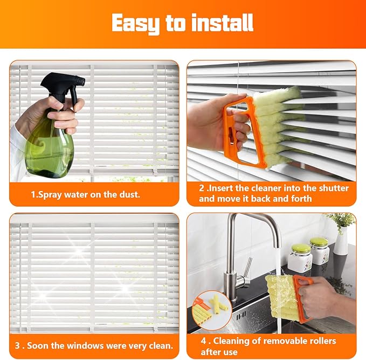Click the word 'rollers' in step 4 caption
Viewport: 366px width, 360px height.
tap(318, 341)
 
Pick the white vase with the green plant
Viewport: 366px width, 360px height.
tap(341, 240)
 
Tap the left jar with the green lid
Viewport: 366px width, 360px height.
tap(300, 259)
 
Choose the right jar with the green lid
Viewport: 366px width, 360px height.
tap(320, 251)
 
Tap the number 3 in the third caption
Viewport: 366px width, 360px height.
tap(18, 345)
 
